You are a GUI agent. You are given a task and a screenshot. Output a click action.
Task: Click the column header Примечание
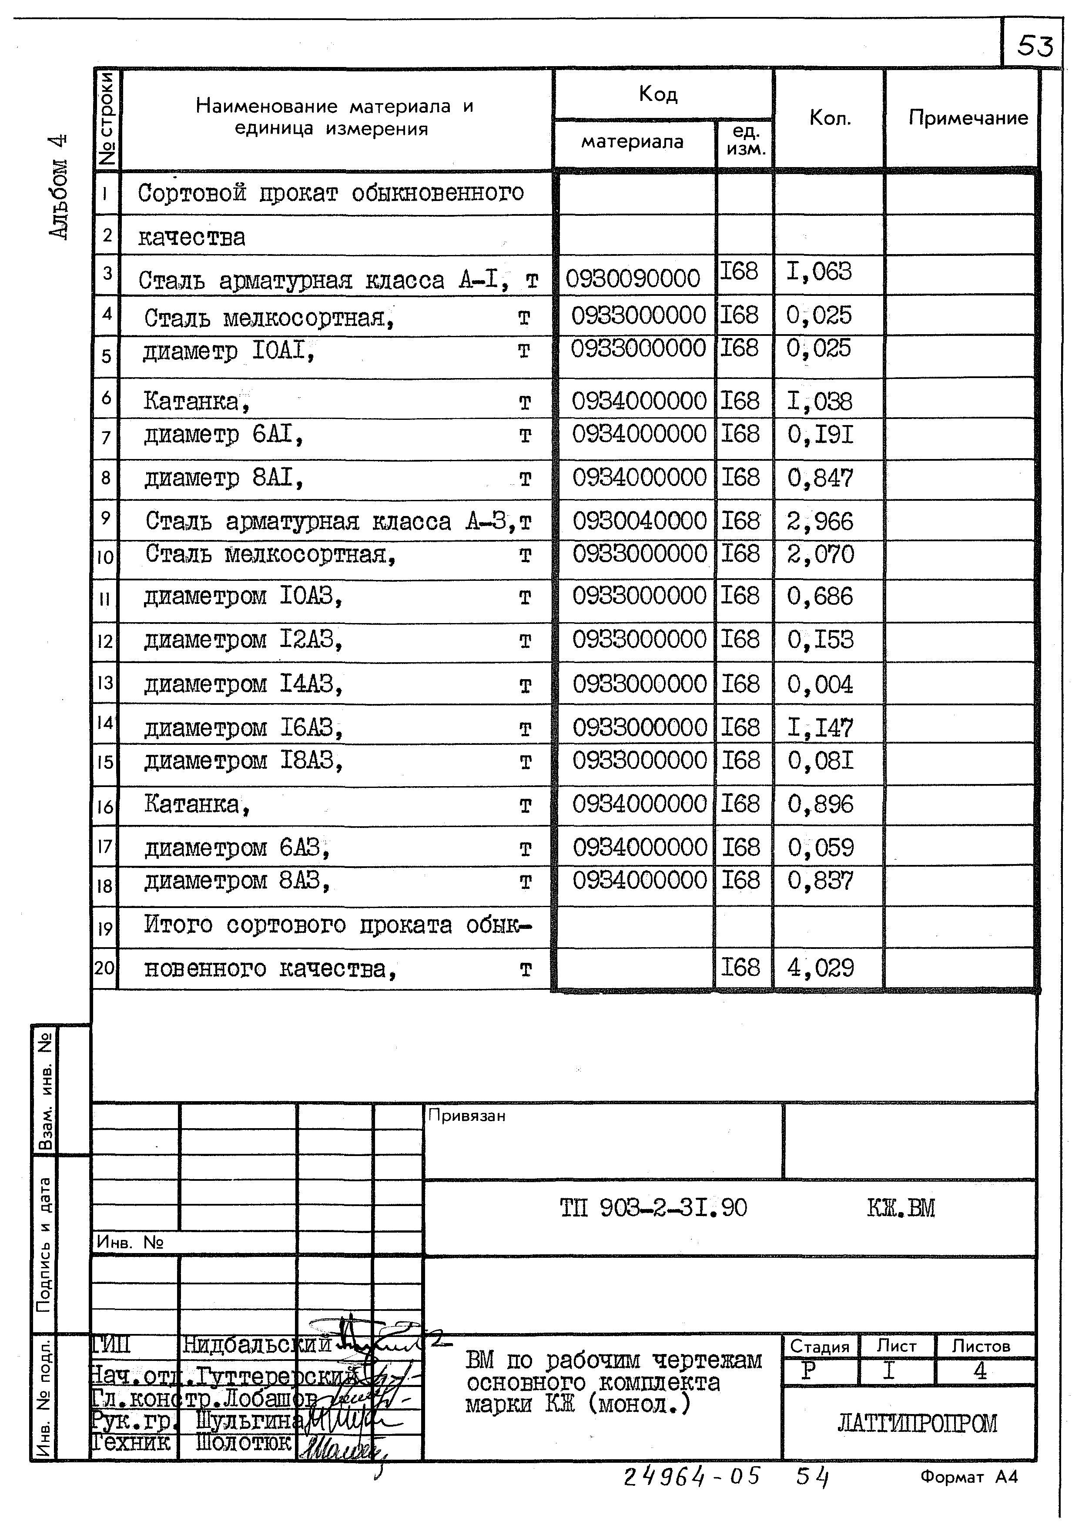click(968, 118)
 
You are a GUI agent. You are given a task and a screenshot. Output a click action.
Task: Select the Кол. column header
click(830, 118)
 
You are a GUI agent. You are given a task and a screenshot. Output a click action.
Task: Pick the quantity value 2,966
click(820, 521)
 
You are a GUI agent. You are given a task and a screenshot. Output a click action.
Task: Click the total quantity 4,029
click(820, 967)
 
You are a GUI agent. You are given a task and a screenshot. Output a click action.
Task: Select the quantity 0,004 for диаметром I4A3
click(820, 684)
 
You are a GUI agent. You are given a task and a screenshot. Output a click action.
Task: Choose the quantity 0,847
click(820, 478)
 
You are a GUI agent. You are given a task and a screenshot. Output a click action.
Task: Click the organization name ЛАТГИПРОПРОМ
click(917, 1424)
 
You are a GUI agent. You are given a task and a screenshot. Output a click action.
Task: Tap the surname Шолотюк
click(244, 1442)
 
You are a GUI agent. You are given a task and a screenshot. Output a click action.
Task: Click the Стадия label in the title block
click(820, 1346)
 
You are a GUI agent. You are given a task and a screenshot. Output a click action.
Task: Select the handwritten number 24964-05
click(691, 1476)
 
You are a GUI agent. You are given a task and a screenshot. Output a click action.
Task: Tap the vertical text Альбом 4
click(59, 187)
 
